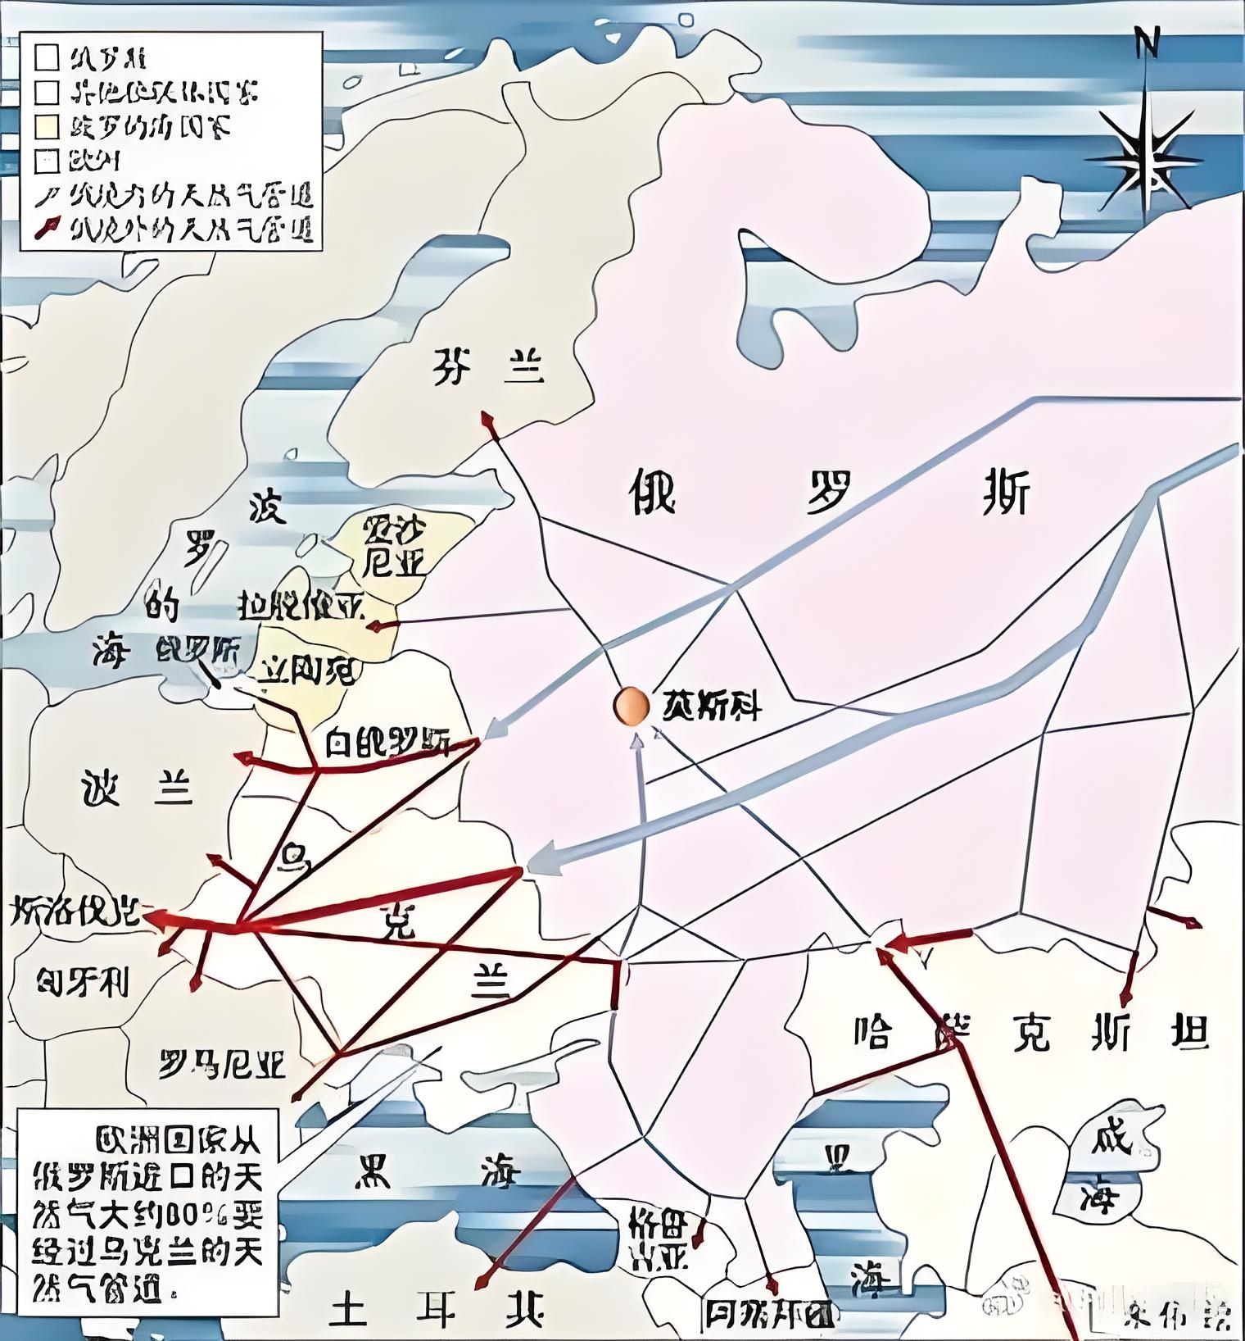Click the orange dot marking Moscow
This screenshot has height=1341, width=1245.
click(630, 706)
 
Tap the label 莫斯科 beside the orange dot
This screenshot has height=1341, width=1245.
click(712, 707)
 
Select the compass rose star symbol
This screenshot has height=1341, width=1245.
click(1146, 156)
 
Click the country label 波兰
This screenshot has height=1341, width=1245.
click(138, 789)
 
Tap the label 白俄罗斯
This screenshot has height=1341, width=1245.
click(387, 742)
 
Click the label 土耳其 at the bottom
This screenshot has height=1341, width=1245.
click(436, 1309)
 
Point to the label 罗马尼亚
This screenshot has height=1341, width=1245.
click(222, 1065)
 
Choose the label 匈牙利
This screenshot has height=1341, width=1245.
click(84, 981)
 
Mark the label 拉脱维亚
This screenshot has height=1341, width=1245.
click(301, 607)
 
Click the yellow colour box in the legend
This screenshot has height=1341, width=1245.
click(48, 126)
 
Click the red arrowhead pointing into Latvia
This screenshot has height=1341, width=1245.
click(374, 627)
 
